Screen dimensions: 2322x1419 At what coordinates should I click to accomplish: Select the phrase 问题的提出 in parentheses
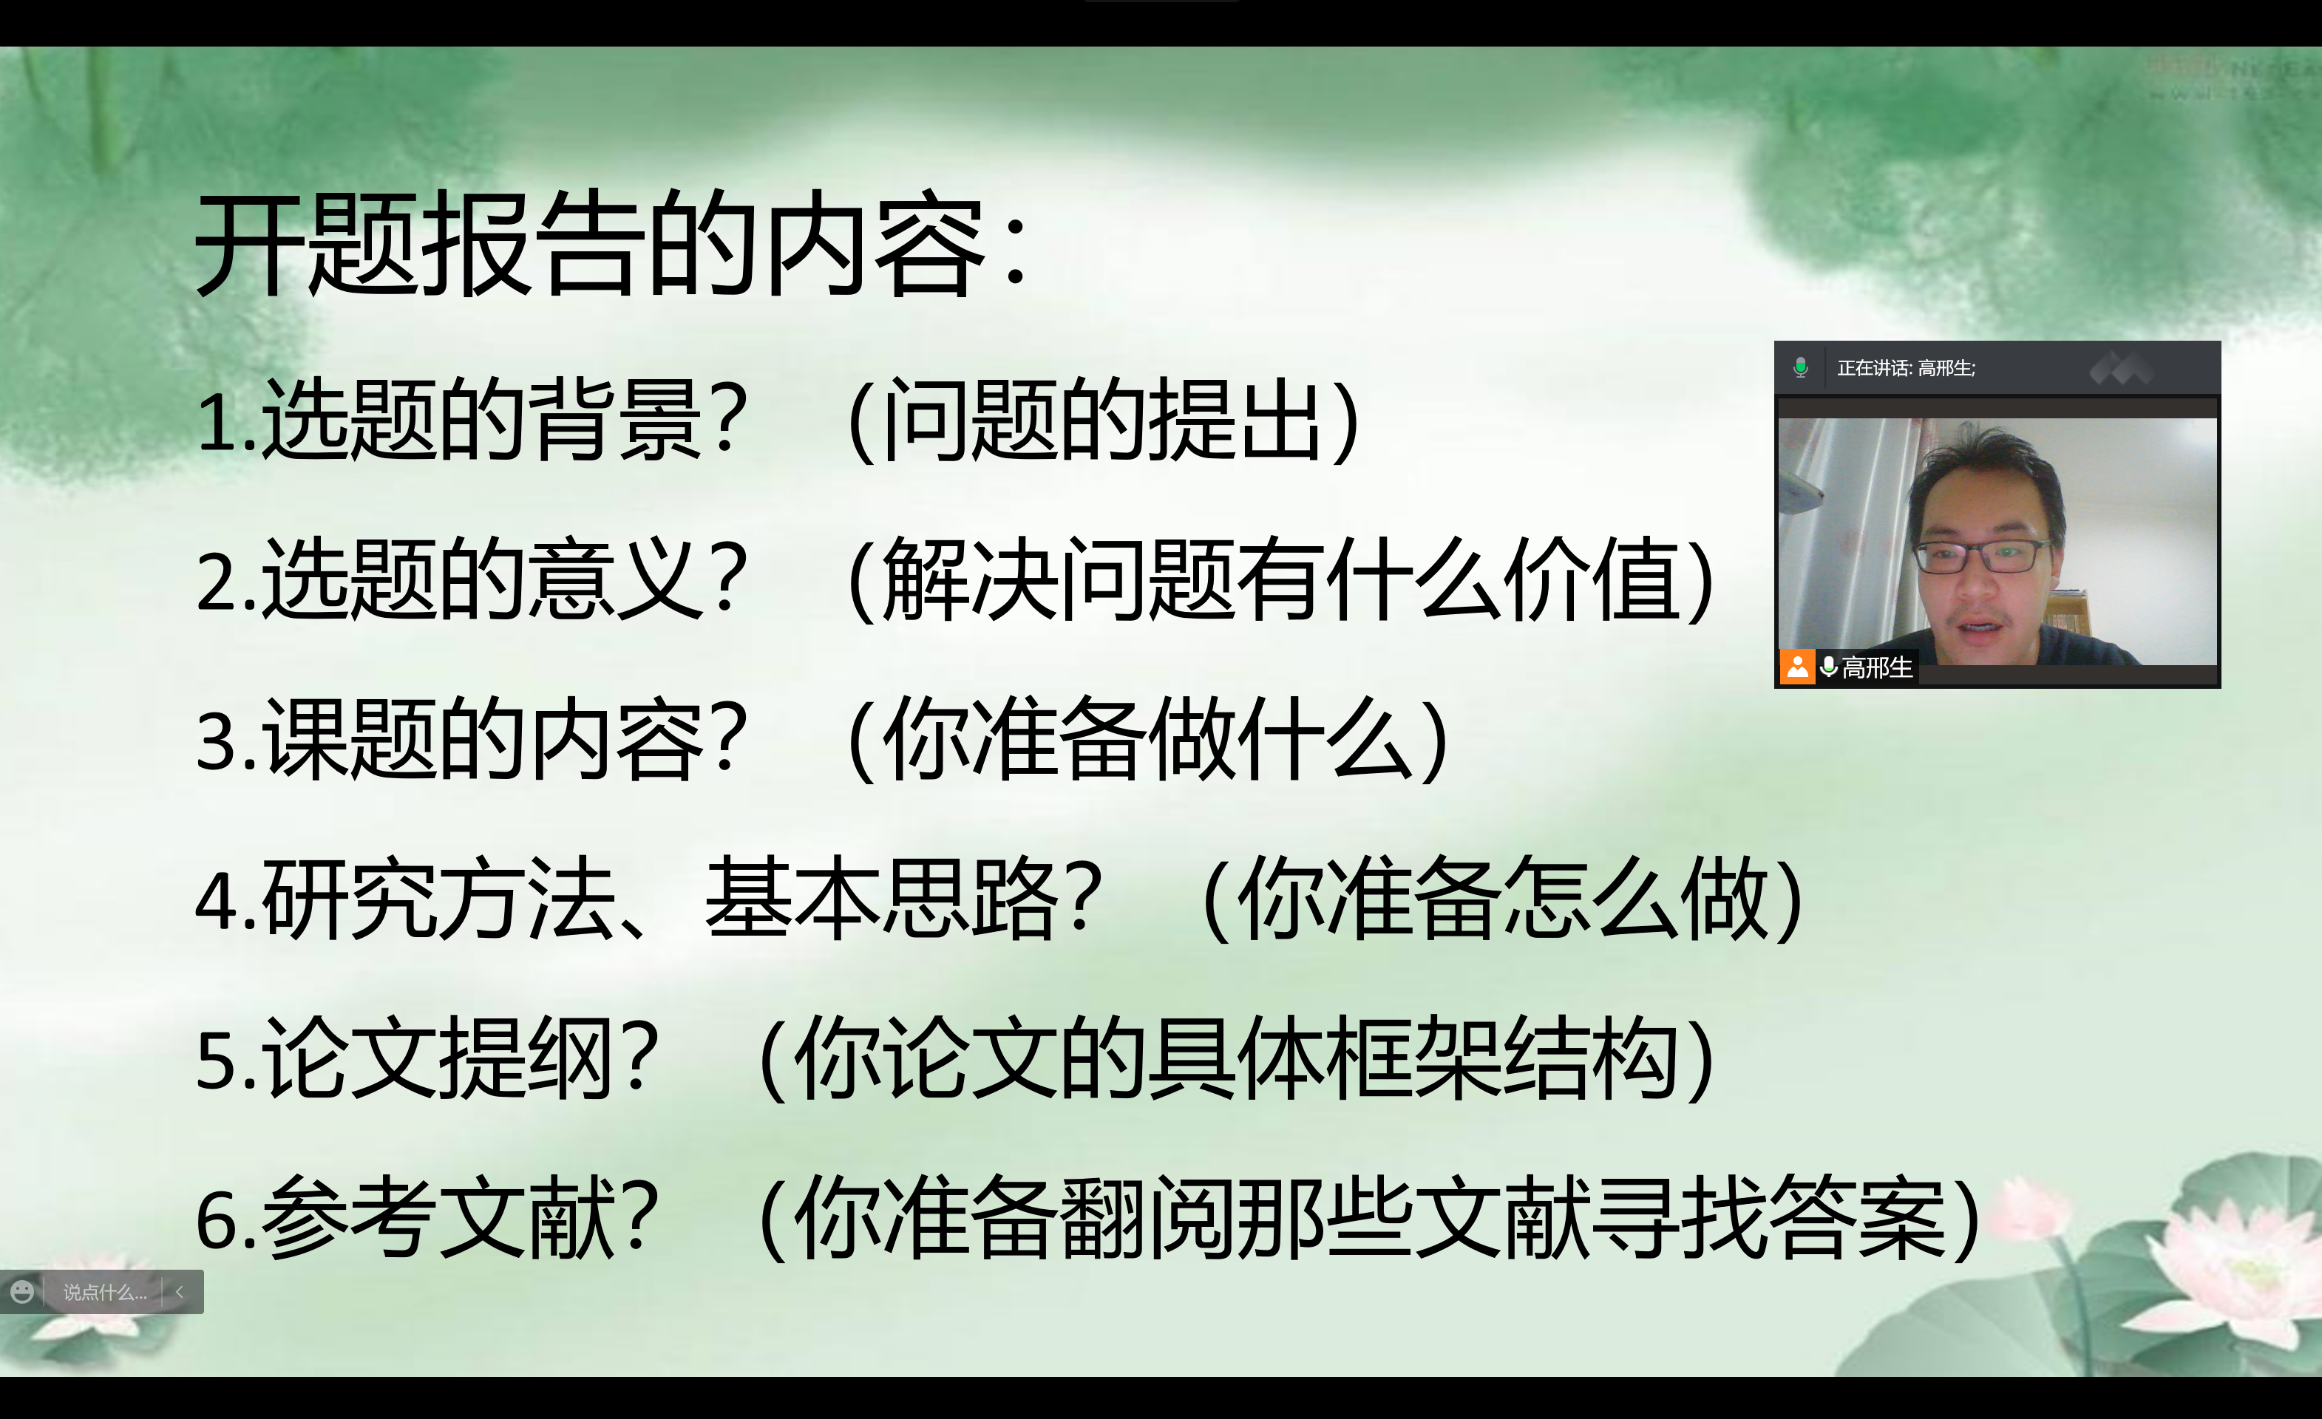coord(1101,421)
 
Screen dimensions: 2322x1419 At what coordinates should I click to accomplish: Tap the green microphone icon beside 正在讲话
coord(1800,367)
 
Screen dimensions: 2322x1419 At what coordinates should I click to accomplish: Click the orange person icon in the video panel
coord(1798,667)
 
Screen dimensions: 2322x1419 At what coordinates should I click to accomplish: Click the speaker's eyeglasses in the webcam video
coord(1979,555)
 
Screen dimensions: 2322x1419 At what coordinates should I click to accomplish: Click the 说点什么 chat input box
coord(104,1293)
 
